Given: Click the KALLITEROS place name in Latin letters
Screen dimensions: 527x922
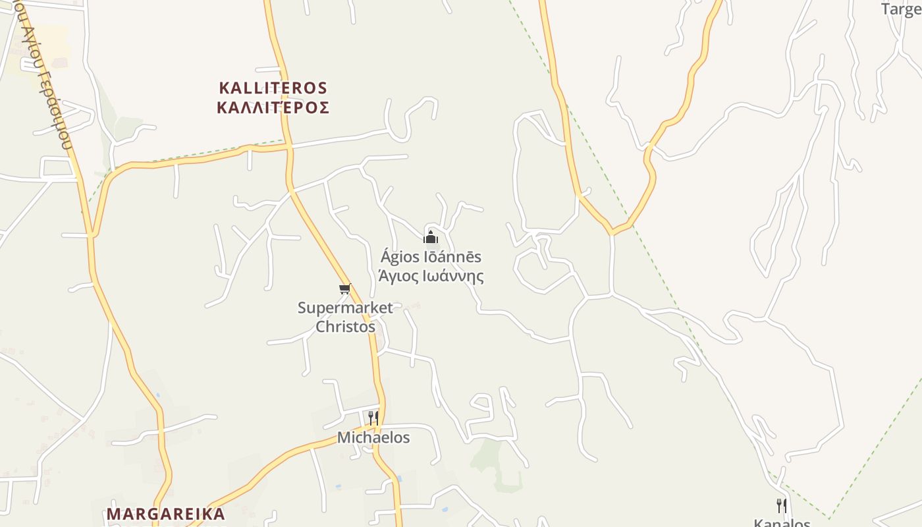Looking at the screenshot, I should tap(273, 88).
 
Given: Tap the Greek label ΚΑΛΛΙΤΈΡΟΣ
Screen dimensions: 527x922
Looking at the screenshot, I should tap(273, 107).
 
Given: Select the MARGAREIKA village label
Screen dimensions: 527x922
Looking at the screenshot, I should tap(166, 514).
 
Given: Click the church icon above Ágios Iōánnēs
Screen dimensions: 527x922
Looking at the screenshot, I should tap(431, 237).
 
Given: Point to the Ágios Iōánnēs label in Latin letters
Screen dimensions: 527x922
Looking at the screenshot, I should tap(431, 257).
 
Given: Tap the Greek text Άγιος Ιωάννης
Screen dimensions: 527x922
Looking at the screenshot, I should tap(431, 275).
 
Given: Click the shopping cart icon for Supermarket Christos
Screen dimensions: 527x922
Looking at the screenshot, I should tap(344, 289).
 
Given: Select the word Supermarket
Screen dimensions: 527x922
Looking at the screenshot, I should tap(345, 308).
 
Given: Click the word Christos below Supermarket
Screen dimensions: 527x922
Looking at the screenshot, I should tap(345, 326).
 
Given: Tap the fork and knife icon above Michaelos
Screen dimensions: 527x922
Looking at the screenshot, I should tap(373, 418).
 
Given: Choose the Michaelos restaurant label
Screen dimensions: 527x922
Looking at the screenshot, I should tap(373, 437).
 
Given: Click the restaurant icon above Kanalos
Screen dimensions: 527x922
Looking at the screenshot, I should tap(782, 506).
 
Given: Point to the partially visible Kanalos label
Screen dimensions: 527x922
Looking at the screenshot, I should tap(782, 523).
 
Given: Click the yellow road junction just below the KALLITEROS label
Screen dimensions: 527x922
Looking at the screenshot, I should tap(288, 146).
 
